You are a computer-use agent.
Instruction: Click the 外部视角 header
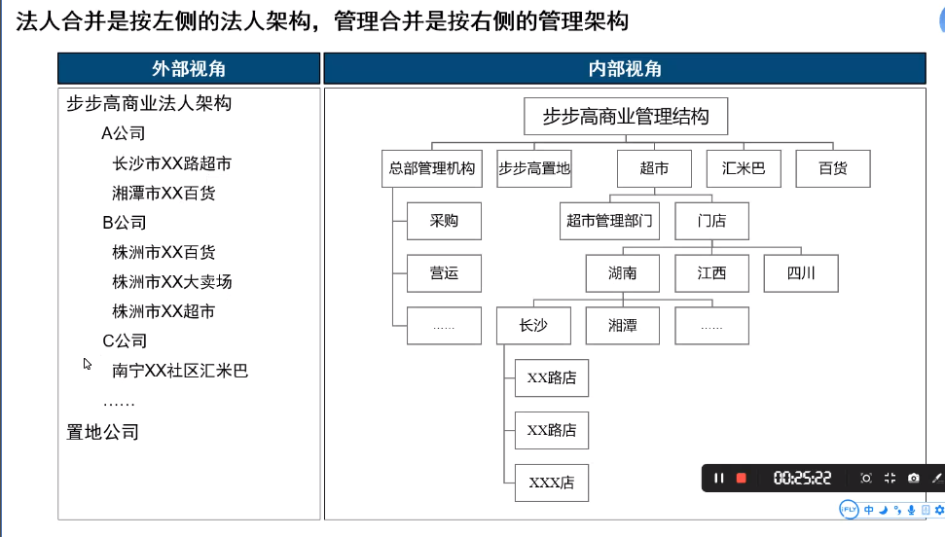pos(189,69)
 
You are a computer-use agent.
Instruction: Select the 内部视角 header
pos(625,69)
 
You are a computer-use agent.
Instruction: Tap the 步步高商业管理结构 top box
pos(626,117)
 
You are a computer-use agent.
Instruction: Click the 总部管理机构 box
pos(432,168)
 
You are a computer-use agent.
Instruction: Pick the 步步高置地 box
pos(534,168)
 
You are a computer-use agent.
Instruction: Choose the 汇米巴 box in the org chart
pos(744,168)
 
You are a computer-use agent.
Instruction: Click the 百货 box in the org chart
pos(833,168)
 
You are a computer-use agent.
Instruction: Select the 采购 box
pos(444,221)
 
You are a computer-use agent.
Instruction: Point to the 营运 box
pos(444,273)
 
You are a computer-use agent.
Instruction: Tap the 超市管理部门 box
pos(609,221)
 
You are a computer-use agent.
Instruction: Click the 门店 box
pos(711,221)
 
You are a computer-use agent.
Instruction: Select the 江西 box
pos(711,273)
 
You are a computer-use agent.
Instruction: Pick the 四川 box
pos(801,273)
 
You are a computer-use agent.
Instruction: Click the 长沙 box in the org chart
pos(533,326)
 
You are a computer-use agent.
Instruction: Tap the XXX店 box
pos(552,483)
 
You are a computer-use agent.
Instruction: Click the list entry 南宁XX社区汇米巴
pos(180,371)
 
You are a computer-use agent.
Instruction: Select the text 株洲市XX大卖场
pos(171,282)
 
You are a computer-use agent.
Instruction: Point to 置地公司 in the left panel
pos(102,432)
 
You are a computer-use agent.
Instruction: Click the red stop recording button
pos(742,478)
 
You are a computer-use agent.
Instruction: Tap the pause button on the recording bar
pos(718,478)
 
